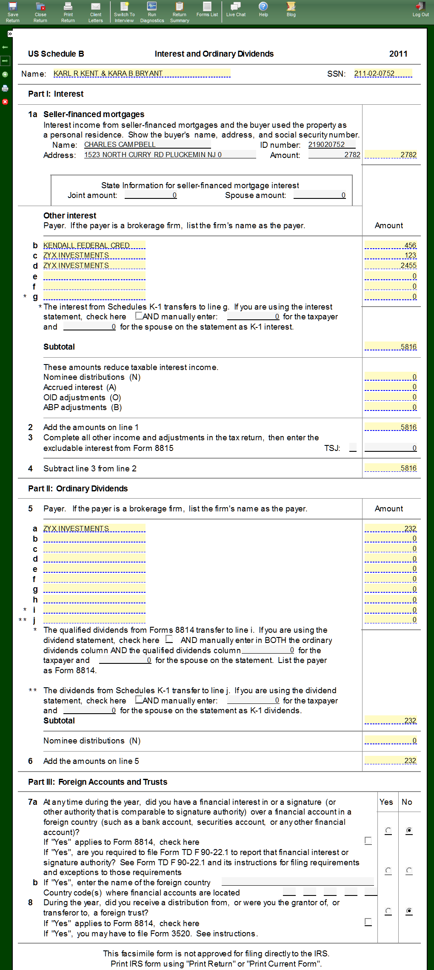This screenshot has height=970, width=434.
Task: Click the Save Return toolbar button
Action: (13, 12)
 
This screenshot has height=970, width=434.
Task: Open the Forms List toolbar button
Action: (207, 9)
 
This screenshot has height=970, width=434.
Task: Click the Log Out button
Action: (420, 9)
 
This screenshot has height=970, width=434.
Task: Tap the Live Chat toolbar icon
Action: (236, 9)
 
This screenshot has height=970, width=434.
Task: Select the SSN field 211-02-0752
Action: (383, 73)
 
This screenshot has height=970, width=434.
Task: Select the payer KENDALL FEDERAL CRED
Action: (94, 245)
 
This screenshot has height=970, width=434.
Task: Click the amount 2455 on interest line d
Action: (391, 266)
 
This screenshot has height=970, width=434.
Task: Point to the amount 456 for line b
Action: (391, 245)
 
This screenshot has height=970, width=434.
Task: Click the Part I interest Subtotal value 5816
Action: (391, 347)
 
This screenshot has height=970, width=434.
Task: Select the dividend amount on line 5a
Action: (391, 528)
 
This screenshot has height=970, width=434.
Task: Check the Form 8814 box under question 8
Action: (368, 922)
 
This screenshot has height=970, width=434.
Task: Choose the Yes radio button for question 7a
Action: (388, 831)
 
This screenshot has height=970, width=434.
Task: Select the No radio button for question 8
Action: (409, 911)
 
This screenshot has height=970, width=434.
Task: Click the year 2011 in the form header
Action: (398, 54)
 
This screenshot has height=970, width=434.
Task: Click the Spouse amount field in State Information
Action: (320, 195)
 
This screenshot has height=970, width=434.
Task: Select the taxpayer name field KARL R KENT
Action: (142, 73)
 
